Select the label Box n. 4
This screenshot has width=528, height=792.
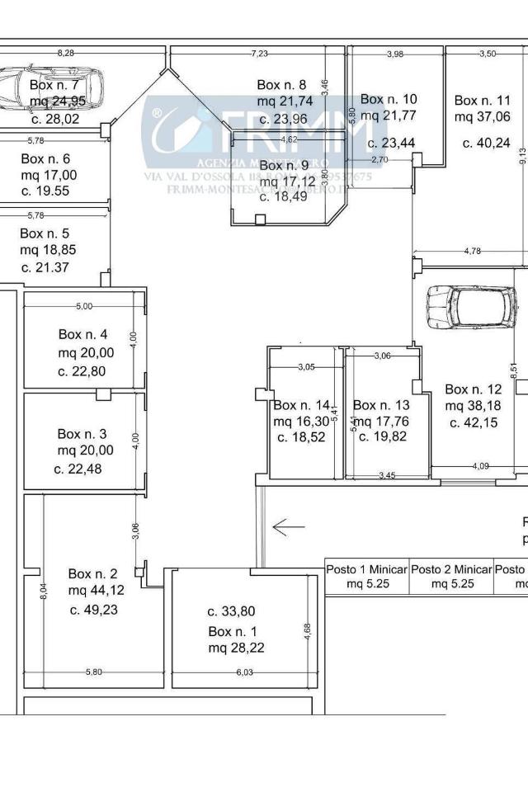point(82,334)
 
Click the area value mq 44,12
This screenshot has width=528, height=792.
point(97,590)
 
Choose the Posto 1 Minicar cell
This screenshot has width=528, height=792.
point(366,577)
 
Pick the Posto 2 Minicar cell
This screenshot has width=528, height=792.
point(451,577)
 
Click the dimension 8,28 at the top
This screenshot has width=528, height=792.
point(65,53)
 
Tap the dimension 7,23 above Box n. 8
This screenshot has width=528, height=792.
point(259,54)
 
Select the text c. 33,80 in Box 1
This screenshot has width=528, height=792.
point(231,611)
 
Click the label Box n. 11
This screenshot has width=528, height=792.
point(483,101)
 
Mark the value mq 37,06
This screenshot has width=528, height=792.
point(483,117)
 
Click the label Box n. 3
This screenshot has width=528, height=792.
point(82,433)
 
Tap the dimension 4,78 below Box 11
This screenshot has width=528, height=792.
point(472,250)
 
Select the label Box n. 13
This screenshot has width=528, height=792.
point(381,405)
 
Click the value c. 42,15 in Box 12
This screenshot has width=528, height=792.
point(474,422)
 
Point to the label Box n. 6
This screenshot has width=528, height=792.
point(45,158)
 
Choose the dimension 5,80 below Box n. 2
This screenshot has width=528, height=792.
point(92,672)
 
